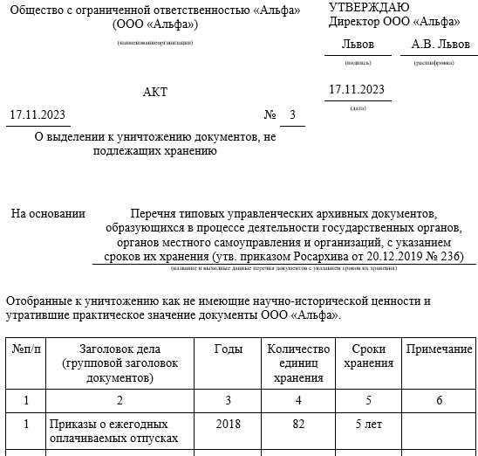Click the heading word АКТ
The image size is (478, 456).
coord(154,92)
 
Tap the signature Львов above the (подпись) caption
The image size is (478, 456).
coord(358,44)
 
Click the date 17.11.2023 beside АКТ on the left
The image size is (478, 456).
coord(37,115)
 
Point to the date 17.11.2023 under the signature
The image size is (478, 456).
coord(356,89)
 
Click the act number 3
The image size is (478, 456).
coord(292,115)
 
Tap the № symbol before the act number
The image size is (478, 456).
coord(270,115)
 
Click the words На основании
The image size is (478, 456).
coord(48,213)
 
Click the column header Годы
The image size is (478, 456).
coord(228,349)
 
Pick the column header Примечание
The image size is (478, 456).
coord(440,349)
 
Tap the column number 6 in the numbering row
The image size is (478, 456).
coord(439,400)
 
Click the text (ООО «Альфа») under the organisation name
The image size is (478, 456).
coord(155,24)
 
